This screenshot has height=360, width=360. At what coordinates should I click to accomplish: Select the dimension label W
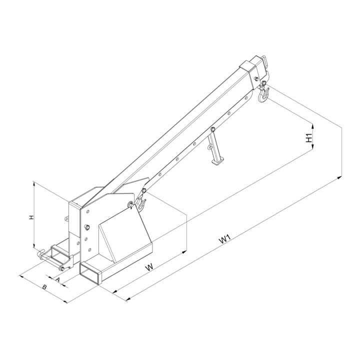coord(149,267)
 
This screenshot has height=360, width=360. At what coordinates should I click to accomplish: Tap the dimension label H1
coord(309,137)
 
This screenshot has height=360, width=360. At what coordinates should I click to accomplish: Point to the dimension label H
coord(31,217)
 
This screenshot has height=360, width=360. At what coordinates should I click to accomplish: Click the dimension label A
coord(57,279)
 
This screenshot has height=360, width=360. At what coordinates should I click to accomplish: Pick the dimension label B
coord(45,286)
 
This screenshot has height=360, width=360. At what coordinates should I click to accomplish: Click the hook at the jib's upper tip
coord(263,93)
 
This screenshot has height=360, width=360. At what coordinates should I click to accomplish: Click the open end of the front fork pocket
coord(90,274)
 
